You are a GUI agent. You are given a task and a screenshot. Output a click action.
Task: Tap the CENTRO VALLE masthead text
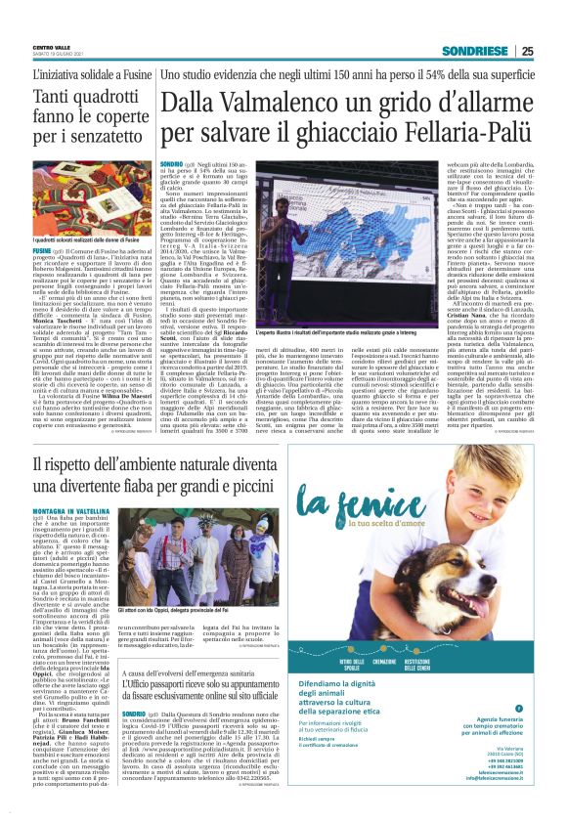[x=52, y=46]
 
